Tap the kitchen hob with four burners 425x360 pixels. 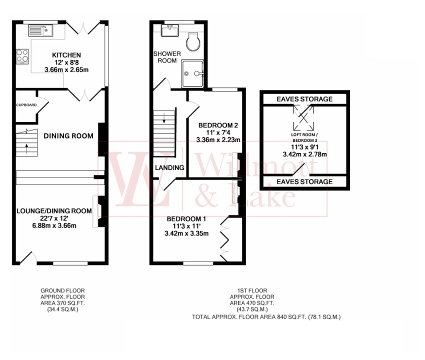[x=22, y=56]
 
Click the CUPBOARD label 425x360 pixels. [x=25, y=105]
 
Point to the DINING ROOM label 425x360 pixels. [x=68, y=135]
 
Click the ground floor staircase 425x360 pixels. [x=26, y=143]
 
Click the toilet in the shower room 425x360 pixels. [x=193, y=41]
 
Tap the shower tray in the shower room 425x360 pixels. [x=192, y=73]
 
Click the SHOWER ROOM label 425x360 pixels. [x=165, y=57]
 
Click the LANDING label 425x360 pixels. [x=169, y=168]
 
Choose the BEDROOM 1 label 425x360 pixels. [x=186, y=219]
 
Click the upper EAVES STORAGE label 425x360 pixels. [x=304, y=99]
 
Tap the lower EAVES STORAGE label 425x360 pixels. [x=304, y=181]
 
